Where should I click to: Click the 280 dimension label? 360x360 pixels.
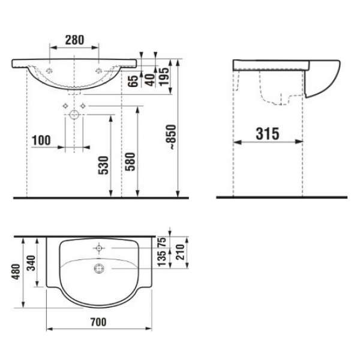74,40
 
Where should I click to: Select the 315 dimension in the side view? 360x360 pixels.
268,134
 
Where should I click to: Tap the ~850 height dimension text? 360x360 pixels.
172,137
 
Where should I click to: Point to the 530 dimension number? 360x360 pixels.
103,166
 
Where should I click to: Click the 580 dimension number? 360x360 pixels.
130,161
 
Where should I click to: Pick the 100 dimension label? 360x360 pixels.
41,140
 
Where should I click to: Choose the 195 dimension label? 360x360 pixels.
164,77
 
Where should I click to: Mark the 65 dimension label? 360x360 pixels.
133,80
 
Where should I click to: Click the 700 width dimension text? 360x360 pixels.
98,322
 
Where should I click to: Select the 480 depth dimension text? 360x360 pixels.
16,272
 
